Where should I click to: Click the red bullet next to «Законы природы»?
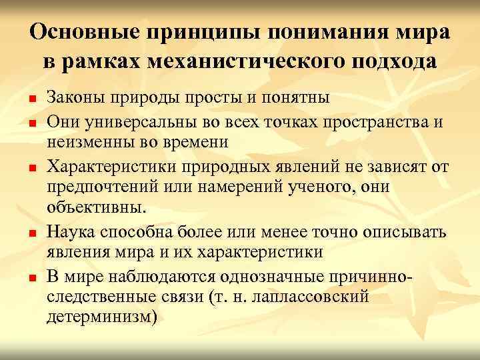click(x=32, y=99)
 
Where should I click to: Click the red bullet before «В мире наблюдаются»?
click(x=32, y=275)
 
